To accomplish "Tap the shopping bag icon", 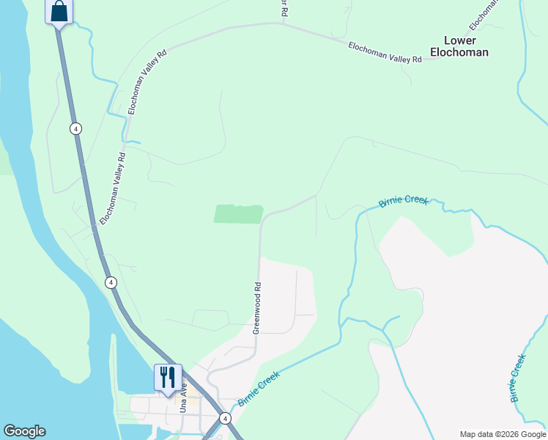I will [x=59, y=12].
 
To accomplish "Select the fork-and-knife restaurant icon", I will [x=168, y=377].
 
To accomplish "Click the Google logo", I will [x=24, y=431].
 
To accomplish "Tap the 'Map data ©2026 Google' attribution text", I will [x=502, y=434].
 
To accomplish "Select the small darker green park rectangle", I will [x=238, y=213].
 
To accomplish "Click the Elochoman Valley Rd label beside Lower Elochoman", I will [x=385, y=52].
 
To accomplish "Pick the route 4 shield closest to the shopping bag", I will [x=75, y=128].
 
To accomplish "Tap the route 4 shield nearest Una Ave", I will [x=226, y=418].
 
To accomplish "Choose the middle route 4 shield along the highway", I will [x=110, y=282].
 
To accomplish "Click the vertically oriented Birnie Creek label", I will [x=518, y=378].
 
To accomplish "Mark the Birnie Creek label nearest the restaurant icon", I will [x=259, y=389].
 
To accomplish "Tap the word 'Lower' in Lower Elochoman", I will [x=459, y=40].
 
